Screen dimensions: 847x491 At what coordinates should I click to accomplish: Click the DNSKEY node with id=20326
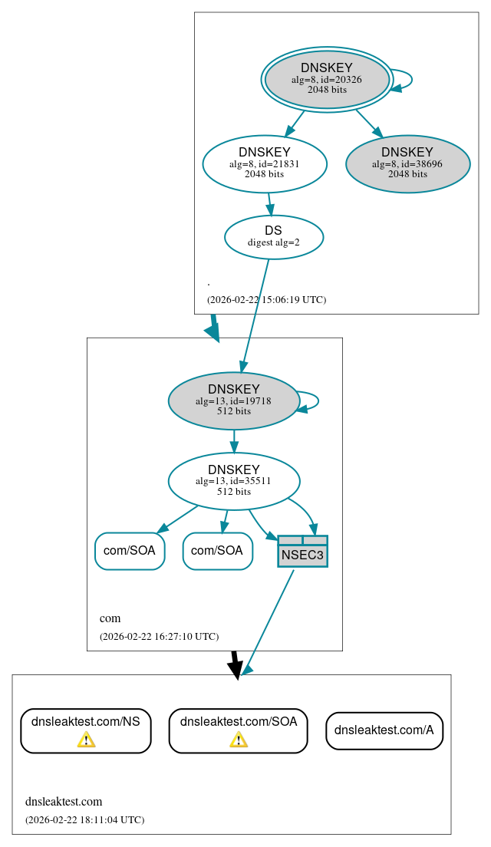[327, 79]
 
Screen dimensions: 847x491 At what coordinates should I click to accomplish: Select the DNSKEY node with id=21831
[265, 163]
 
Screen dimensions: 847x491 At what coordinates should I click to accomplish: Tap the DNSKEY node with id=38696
[407, 163]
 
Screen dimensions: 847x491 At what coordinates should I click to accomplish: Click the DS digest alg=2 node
[273, 236]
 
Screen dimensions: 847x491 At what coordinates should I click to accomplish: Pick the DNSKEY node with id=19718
[234, 400]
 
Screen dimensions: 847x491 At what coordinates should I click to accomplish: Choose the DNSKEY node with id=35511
[234, 481]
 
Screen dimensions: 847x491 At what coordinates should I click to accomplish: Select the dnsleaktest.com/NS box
[85, 730]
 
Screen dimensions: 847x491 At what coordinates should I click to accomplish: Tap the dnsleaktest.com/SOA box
[239, 730]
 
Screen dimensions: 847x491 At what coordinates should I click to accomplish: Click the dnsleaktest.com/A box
[384, 730]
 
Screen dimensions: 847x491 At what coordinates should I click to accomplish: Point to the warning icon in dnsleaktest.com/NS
[86, 739]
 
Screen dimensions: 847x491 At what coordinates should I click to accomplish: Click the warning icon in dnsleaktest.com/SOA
[239, 739]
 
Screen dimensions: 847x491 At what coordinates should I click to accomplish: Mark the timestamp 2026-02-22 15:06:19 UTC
[266, 300]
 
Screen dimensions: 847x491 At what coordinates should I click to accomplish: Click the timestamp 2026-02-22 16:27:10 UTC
[159, 637]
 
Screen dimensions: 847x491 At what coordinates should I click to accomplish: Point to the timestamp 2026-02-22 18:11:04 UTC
[84, 820]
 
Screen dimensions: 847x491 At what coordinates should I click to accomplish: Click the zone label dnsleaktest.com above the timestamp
[64, 802]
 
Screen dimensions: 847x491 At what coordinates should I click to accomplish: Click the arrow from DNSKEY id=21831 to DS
[269, 203]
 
